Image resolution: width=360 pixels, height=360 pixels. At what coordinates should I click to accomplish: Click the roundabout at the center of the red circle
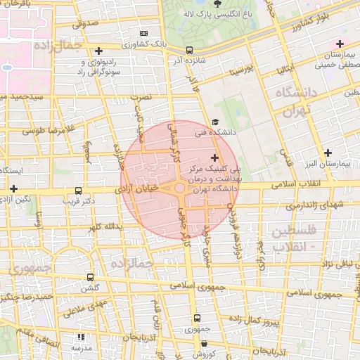[x=180, y=187]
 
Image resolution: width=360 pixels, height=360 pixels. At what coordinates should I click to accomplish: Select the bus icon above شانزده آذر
[x=189, y=50]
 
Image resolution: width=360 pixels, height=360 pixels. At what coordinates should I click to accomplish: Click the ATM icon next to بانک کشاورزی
[x=144, y=33]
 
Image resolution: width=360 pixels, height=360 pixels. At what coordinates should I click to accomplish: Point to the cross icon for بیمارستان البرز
[x=328, y=153]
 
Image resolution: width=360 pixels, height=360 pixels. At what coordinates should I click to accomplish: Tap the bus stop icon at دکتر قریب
[x=78, y=190]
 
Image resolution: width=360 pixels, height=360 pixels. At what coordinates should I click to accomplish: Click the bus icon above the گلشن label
[x=89, y=277]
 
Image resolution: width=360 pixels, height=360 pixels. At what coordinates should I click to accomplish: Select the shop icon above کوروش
[x=204, y=344]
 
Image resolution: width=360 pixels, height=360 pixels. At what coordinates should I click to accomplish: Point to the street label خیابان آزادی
[x=143, y=188]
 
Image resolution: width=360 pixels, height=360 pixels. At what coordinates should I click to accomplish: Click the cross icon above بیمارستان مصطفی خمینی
[x=340, y=44]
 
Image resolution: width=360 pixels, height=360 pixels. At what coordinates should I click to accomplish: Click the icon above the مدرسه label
[x=81, y=337]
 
